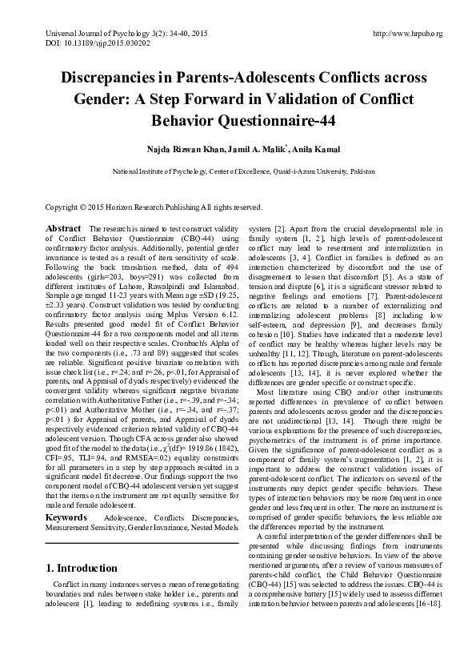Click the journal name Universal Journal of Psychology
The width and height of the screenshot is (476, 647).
tap(79, 33)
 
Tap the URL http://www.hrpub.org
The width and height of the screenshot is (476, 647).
tap(407, 33)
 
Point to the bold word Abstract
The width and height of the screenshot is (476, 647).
tap(62, 228)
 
